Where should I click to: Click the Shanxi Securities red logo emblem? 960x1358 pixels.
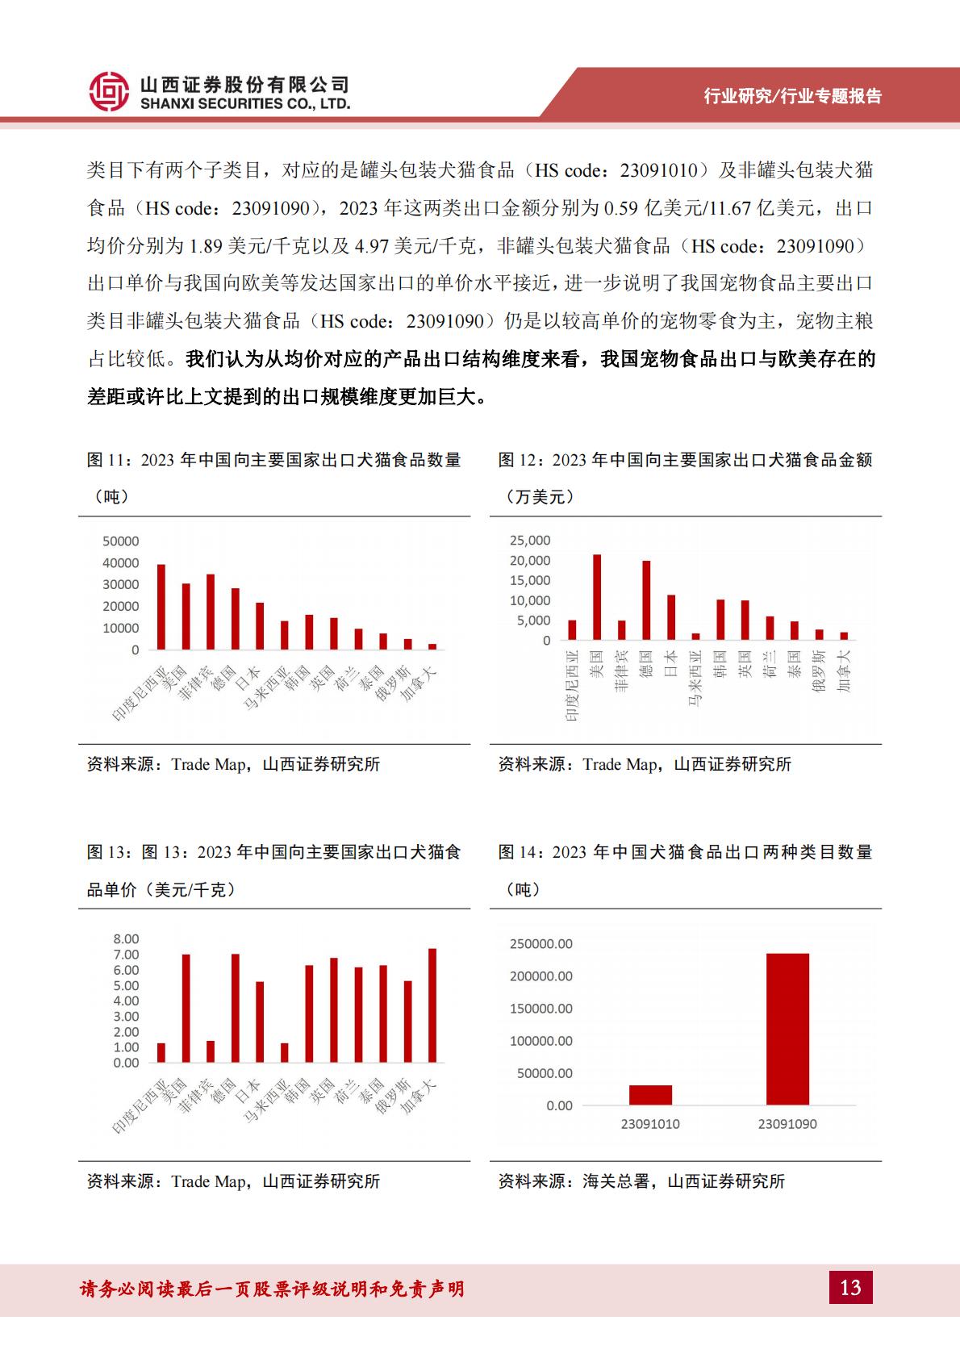[109, 90]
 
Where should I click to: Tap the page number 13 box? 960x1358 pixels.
[850, 1287]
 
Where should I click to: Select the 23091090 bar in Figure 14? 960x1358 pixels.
[787, 1029]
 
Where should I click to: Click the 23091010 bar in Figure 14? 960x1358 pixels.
[650, 1095]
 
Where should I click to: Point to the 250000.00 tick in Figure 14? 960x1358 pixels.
[541, 943]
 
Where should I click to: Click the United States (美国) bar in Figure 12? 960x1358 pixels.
[597, 597]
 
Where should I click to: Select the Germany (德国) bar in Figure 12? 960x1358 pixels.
[646, 600]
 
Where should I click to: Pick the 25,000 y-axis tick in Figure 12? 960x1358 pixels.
[530, 540]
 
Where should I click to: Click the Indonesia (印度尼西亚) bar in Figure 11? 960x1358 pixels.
[161, 607]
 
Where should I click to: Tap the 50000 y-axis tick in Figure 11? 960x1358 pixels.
[120, 541]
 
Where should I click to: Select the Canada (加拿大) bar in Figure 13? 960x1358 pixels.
[432, 1005]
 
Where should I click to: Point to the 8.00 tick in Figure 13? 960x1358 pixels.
[126, 938]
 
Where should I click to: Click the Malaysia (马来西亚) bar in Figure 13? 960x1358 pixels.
[284, 1053]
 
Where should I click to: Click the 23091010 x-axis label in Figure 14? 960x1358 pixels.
[650, 1124]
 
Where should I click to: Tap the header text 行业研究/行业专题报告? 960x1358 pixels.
[792, 96]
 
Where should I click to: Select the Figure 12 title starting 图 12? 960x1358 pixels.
[685, 460]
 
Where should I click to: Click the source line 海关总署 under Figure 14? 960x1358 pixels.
[641, 1181]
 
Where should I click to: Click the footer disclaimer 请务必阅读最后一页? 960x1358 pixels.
[272, 1289]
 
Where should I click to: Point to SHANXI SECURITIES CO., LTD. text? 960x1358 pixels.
[245, 104]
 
